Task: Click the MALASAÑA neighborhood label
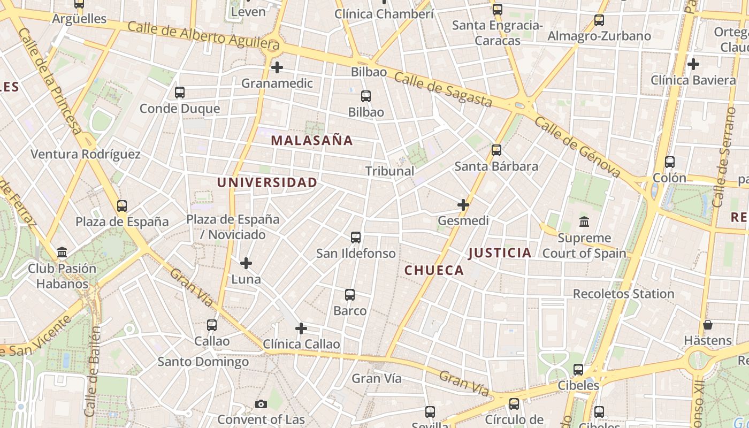click(311, 141)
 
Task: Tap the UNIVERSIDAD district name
click(267, 182)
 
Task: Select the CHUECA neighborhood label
click(434, 270)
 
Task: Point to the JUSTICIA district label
click(500, 253)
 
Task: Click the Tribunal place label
click(389, 171)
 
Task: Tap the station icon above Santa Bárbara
click(496, 150)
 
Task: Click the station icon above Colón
click(669, 162)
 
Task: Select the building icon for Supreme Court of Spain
click(584, 221)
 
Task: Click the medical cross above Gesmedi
click(463, 205)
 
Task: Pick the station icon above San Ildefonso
click(356, 238)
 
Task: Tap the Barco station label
click(350, 311)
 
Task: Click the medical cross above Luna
click(246, 263)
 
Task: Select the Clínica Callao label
click(302, 344)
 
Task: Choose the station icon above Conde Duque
click(180, 93)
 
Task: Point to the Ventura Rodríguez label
click(86, 155)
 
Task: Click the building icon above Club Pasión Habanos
click(62, 253)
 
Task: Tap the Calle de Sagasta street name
click(442, 89)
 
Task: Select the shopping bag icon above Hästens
click(707, 325)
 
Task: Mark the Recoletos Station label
click(623, 294)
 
